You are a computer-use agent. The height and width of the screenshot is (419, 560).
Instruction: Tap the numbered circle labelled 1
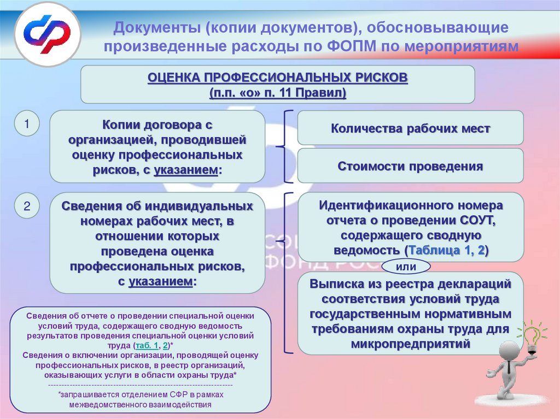coord(26,125)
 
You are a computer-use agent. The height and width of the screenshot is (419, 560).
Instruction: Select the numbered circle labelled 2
coord(26,207)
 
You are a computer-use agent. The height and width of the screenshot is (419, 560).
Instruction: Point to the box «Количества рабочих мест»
coord(410,129)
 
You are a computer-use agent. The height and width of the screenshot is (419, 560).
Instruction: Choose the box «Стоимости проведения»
coord(410,166)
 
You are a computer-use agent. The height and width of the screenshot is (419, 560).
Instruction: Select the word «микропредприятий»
coord(411,345)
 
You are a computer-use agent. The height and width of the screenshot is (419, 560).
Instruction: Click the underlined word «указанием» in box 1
coord(186,170)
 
